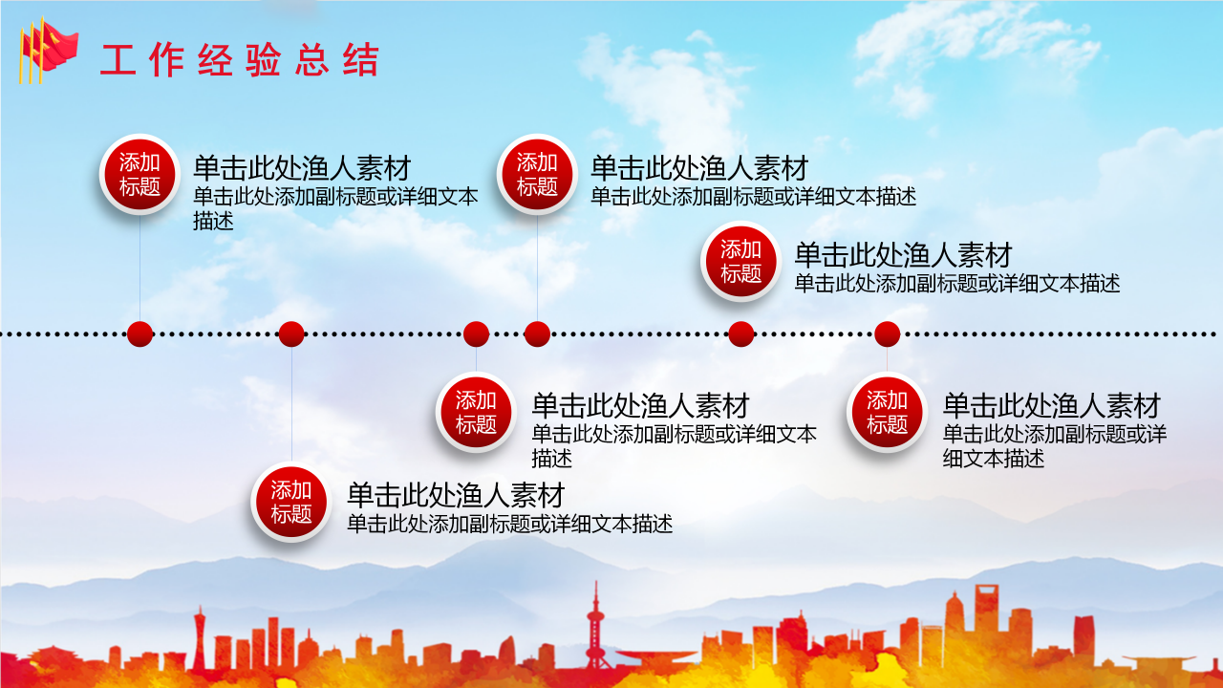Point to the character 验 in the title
coord(264,60)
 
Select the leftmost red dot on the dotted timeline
coord(140,333)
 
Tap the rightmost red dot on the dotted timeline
coord(888,333)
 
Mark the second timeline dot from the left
coord(291,333)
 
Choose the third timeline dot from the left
coord(476,333)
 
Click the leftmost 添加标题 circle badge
coord(139,174)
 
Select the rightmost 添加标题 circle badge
coord(887,412)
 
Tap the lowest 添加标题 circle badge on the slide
coord(290,502)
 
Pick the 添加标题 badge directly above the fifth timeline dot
coord(740,261)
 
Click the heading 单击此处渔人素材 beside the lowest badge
coord(455,495)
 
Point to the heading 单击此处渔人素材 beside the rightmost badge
coord(1051,405)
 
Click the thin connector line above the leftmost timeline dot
coord(140,268)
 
